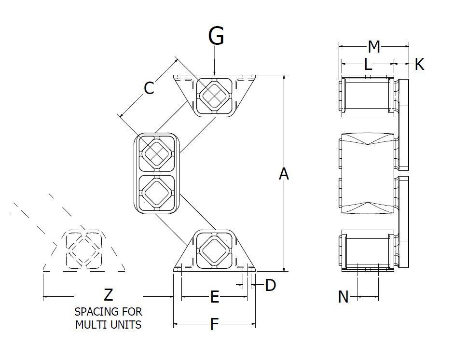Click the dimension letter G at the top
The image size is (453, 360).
point(216,36)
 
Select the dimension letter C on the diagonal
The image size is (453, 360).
point(149,88)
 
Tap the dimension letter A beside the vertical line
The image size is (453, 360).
point(284,174)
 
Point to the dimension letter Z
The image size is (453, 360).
point(109,295)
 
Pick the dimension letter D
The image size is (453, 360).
point(270,285)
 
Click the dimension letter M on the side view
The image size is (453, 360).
point(374,47)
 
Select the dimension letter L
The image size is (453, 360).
point(368,64)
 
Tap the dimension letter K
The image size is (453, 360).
point(419,64)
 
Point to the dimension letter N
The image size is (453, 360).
point(343,297)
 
